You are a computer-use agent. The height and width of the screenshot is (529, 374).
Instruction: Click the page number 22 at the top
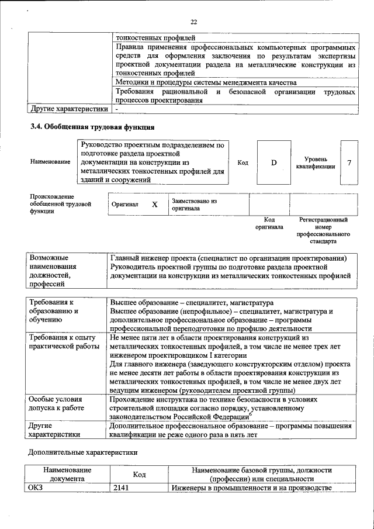[193, 22]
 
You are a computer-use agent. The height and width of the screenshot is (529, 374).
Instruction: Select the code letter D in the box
[273, 162]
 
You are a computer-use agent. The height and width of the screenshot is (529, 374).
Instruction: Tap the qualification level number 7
[349, 162]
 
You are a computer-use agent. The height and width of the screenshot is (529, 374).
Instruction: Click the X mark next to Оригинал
[155, 205]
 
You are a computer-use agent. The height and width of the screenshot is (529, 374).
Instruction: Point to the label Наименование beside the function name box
[50, 162]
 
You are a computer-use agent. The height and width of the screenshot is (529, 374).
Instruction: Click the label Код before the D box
[243, 162]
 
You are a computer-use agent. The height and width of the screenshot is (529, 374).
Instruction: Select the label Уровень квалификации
[315, 162]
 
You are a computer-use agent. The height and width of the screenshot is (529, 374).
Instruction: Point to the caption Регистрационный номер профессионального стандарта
[323, 230]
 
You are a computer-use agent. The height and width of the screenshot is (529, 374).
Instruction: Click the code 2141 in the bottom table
[121, 487]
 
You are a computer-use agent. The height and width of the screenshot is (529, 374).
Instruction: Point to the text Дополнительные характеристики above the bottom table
[83, 452]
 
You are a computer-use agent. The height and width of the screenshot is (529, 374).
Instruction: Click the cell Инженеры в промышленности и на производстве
[251, 487]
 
